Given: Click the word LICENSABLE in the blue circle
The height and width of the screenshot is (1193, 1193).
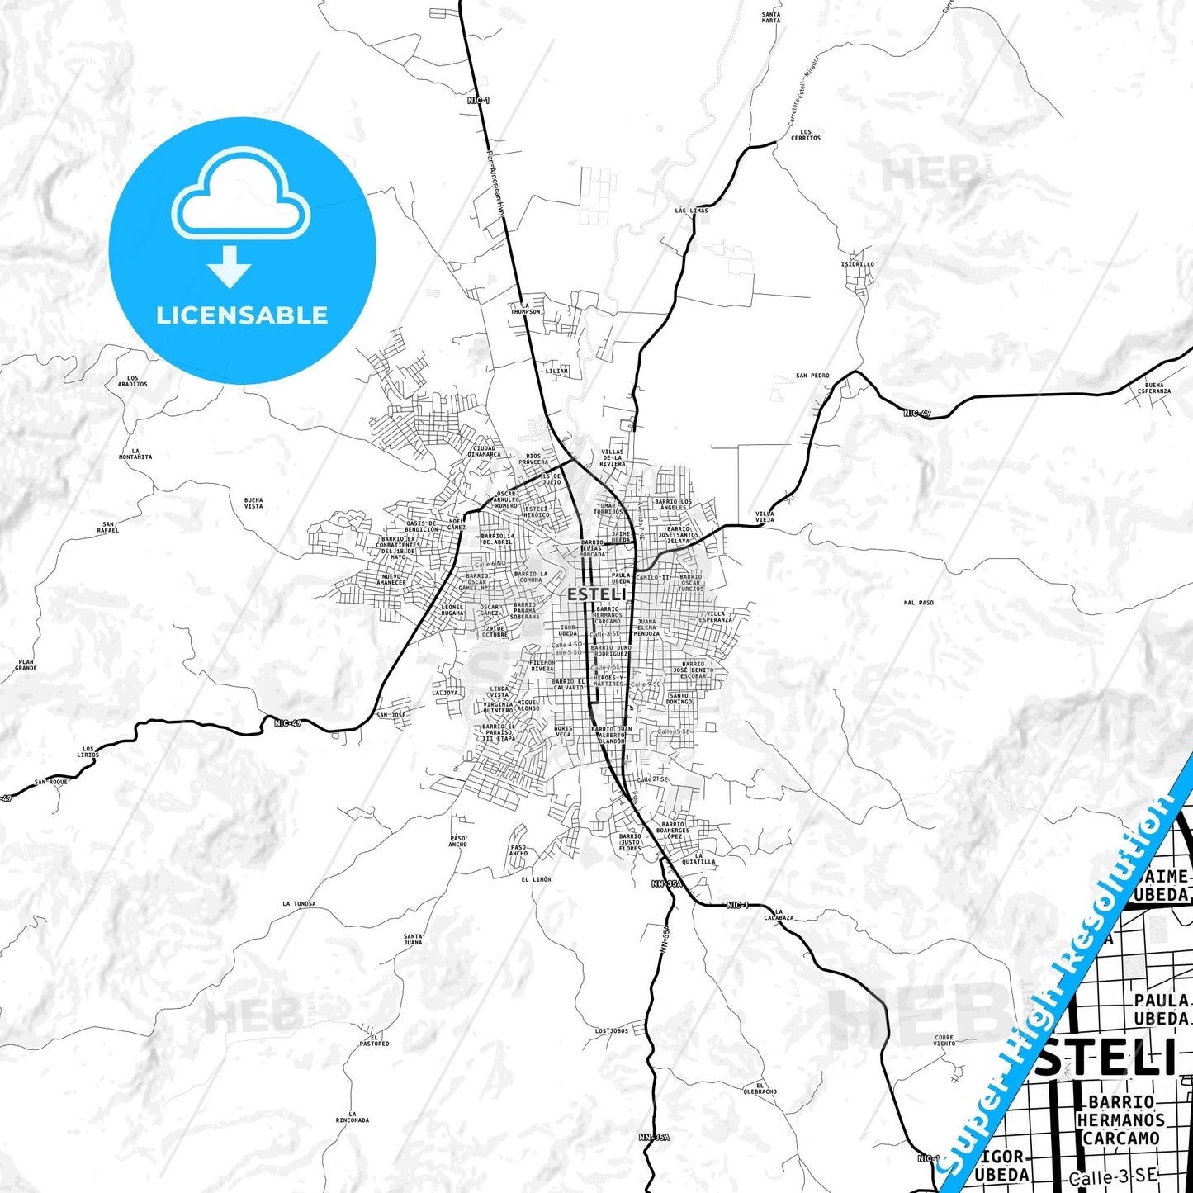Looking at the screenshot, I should click(242, 315).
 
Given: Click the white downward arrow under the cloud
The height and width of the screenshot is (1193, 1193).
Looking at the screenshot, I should click(230, 266).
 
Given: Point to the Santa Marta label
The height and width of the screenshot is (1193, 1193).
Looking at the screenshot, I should click(770, 17).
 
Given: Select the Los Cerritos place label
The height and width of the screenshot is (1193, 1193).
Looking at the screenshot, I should click(806, 135).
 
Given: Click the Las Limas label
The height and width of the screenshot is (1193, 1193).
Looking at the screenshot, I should click(691, 211).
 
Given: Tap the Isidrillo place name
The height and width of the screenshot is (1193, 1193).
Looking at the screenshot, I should click(857, 264).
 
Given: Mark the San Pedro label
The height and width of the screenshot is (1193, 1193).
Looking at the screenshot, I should click(812, 376).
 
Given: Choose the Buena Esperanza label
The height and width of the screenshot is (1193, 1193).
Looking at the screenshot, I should click(1154, 388).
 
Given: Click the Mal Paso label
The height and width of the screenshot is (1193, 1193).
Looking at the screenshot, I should click(918, 603).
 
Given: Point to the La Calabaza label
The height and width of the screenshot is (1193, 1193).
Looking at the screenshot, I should click(779, 915).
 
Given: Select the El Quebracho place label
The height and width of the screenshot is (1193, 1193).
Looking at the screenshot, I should click(760, 1088).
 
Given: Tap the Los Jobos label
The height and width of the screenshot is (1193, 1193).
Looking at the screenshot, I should click(611, 1031).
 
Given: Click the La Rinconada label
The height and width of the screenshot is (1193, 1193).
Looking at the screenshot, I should click(353, 1117).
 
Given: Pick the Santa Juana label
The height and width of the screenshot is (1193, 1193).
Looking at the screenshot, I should click(413, 940).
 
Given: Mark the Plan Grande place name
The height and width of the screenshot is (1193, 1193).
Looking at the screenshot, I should click(26, 665).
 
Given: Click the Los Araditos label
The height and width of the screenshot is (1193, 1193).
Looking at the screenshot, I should click(132, 381).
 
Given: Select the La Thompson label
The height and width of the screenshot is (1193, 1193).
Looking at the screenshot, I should click(526, 309).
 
